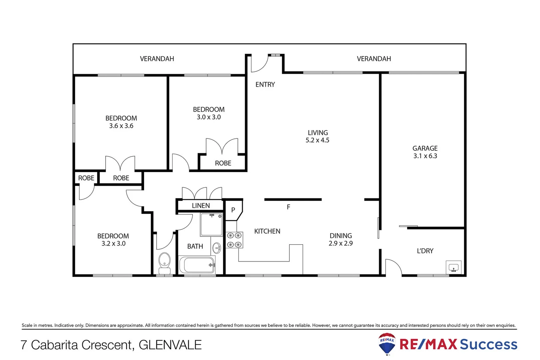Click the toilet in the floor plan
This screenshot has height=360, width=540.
point(165,262)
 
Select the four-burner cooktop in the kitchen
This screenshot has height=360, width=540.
point(234,240)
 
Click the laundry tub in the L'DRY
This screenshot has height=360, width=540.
point(453,267)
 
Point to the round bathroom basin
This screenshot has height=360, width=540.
point(217,248)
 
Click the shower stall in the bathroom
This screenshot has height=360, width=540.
point(211,225)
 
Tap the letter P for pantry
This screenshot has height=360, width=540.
point(233,210)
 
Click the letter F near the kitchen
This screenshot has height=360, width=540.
point(288,207)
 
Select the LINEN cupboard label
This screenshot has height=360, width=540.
point(201,206)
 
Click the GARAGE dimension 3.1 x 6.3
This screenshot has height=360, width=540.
point(425,156)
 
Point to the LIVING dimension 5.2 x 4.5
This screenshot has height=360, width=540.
point(317,140)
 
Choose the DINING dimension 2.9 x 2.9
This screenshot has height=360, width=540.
point(340,243)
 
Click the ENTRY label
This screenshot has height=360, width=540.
point(265,85)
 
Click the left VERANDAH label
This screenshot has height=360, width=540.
point(157,59)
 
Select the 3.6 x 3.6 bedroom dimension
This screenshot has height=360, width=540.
point(121,126)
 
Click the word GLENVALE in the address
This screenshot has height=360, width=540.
point(170,345)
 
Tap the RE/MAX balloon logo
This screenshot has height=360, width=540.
point(387,344)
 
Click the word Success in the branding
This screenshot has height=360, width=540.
point(488,344)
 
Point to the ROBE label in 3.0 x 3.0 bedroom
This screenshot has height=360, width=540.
point(223,163)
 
